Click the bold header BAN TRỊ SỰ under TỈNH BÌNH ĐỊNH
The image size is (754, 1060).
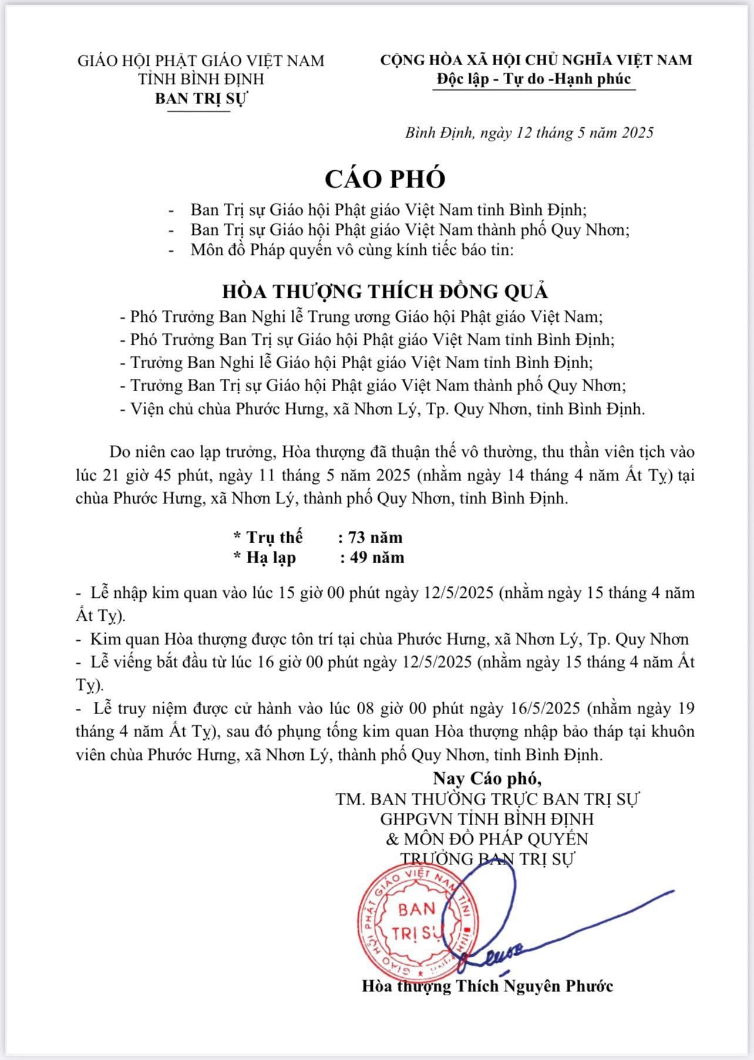(x=201, y=98)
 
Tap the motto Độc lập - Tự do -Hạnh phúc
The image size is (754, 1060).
(x=534, y=79)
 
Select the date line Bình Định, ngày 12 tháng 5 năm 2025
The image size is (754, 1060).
(x=529, y=133)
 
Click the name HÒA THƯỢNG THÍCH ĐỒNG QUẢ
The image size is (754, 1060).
(x=385, y=291)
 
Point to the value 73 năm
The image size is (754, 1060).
(x=375, y=537)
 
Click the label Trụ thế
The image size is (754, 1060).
(x=274, y=537)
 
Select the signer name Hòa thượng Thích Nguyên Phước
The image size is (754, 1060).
(x=487, y=985)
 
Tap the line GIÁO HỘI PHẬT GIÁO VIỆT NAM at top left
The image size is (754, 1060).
(x=201, y=60)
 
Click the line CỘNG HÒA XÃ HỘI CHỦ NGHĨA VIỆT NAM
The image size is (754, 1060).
(x=536, y=59)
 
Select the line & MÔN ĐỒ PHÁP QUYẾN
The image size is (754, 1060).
(x=487, y=838)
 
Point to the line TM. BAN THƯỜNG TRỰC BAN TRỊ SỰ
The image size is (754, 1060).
(x=487, y=799)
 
